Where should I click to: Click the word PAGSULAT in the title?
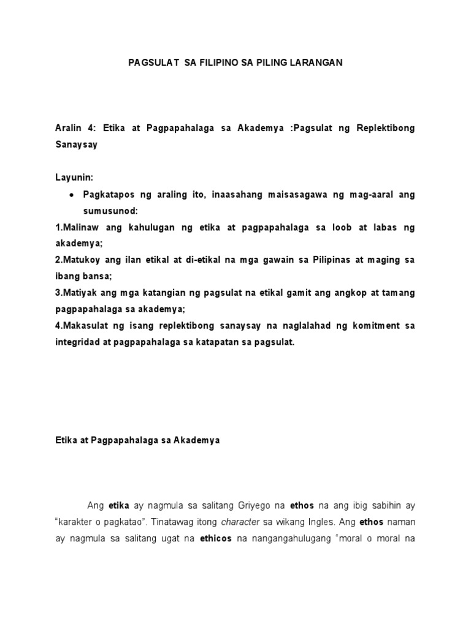[150, 62]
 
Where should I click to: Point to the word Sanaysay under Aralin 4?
[77, 145]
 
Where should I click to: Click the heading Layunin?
[74, 178]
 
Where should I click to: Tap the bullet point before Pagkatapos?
[72, 195]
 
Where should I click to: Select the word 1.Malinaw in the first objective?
[77, 227]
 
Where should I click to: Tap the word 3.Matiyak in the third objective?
[76, 293]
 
